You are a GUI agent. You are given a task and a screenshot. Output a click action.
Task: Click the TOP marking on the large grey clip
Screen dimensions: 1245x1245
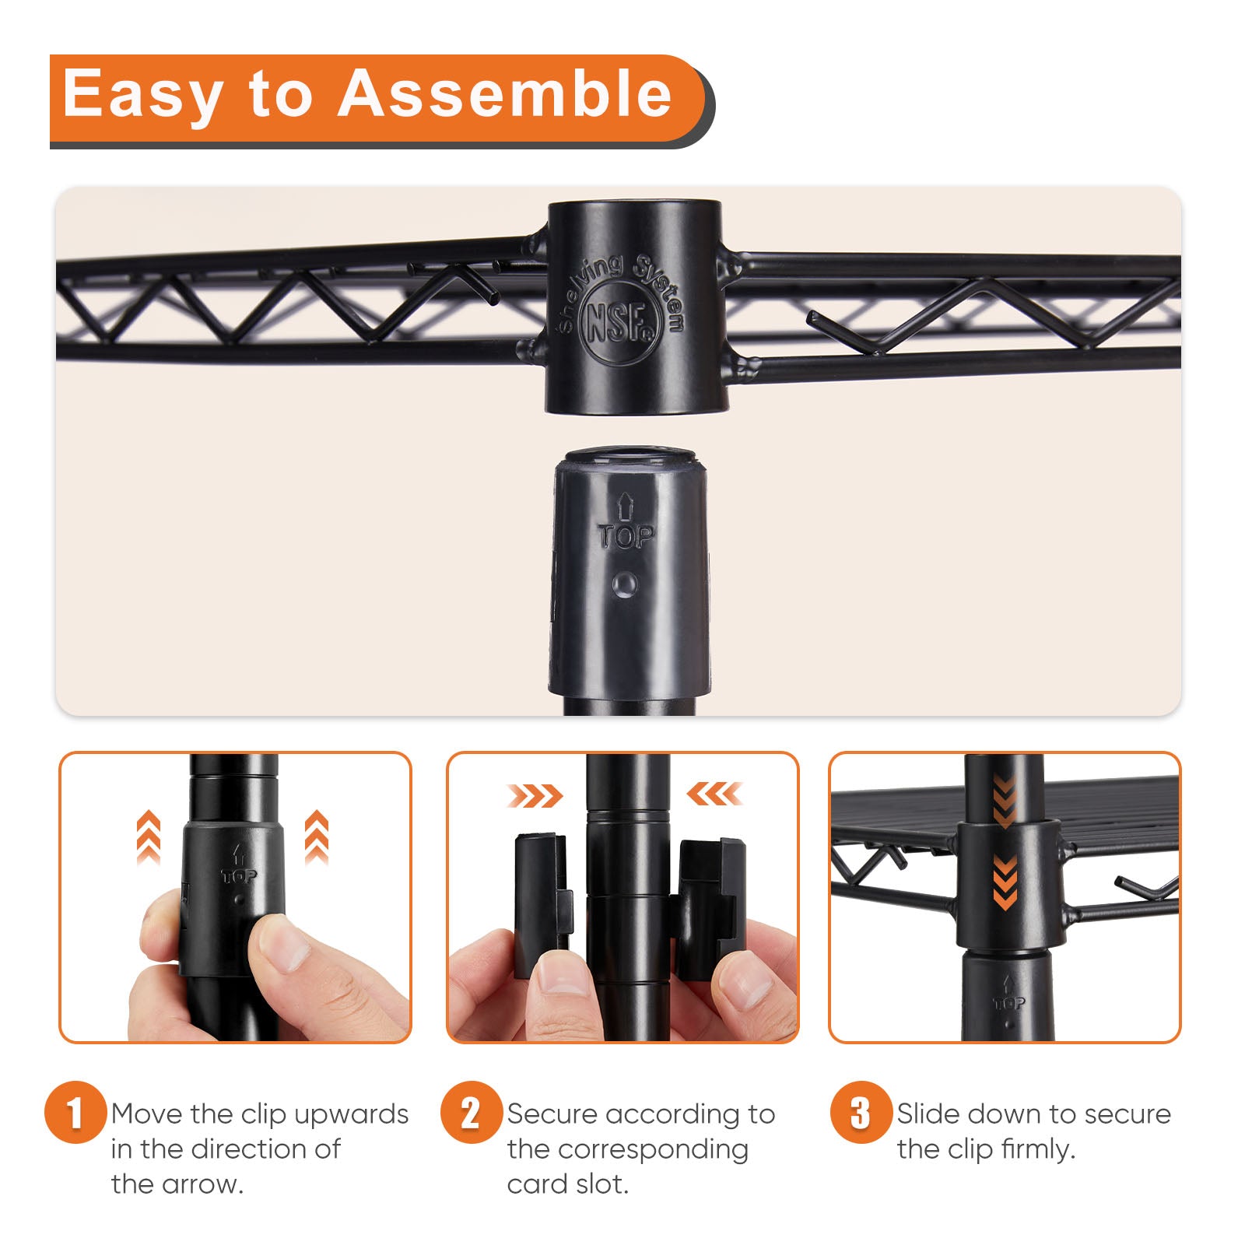click(x=626, y=535)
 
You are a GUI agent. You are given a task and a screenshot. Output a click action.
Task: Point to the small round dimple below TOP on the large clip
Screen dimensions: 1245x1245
click(x=625, y=585)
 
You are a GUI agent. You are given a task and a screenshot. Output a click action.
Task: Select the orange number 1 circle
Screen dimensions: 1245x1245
click(x=75, y=1112)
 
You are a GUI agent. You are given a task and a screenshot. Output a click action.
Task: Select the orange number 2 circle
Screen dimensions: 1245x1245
click(x=471, y=1112)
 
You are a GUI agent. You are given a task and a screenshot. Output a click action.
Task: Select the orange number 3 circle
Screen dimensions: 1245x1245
click(x=861, y=1112)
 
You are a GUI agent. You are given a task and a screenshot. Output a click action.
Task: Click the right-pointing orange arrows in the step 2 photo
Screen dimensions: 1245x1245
click(x=535, y=795)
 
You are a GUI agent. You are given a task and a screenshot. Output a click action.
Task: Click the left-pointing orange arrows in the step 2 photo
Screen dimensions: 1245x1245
click(x=714, y=794)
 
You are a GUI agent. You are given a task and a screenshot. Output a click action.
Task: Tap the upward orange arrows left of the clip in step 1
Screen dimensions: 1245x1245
click(x=149, y=838)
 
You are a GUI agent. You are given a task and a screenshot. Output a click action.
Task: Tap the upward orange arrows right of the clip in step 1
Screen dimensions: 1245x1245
click(x=316, y=837)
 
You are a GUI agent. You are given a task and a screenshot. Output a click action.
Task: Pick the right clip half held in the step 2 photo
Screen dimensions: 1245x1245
click(x=708, y=907)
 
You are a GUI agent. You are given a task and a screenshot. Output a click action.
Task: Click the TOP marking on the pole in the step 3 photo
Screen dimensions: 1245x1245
click(x=1008, y=1003)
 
